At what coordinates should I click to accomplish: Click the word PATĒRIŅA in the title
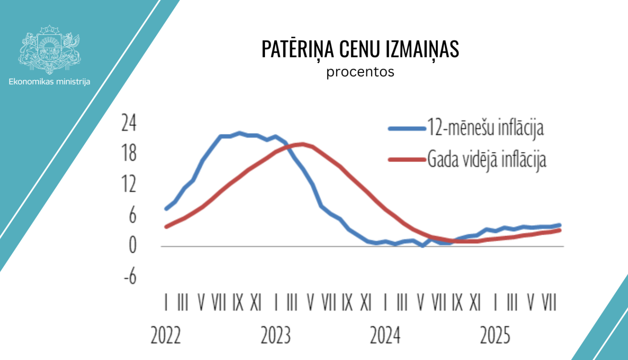click(298, 49)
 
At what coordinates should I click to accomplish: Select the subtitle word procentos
click(360, 72)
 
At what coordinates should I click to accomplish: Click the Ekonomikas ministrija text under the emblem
click(49, 82)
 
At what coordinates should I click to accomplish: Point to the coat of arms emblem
click(49, 49)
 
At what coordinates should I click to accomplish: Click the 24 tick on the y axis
click(129, 123)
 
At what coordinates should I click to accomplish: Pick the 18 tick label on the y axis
click(129, 153)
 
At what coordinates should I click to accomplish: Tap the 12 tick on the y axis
click(129, 184)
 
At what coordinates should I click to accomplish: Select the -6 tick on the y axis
click(130, 276)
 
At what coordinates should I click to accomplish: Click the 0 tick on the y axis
click(132, 245)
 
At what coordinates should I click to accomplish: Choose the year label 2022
click(165, 336)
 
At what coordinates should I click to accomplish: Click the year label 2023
click(275, 336)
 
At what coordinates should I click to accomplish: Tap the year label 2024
click(385, 336)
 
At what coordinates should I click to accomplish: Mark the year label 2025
click(495, 336)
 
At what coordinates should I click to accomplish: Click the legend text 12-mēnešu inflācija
click(485, 128)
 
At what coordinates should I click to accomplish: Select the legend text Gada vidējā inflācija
click(486, 159)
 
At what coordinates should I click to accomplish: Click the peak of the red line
click(302, 144)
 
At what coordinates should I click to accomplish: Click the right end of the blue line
click(559, 225)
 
